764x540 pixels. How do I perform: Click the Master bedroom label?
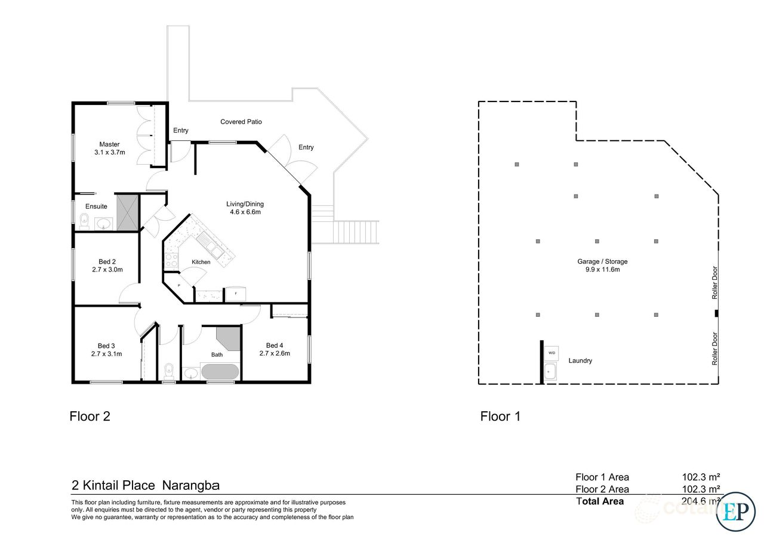click(109, 144)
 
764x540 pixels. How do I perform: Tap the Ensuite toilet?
click(84, 223)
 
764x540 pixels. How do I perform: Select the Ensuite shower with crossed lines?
click(127, 212)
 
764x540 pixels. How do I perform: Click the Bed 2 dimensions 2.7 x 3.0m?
click(107, 269)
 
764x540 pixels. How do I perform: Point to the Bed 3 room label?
click(107, 345)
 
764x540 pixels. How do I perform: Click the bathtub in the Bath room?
click(220, 372)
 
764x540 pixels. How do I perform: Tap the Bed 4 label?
click(275, 345)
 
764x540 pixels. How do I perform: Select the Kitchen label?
click(201, 262)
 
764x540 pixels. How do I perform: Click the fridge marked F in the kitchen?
click(234, 294)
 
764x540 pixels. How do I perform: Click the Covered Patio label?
click(241, 122)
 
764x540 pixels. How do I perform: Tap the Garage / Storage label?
click(602, 261)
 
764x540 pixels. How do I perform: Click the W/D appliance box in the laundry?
click(551, 352)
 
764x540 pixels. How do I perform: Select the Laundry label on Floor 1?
click(580, 360)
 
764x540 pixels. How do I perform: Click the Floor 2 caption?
click(90, 416)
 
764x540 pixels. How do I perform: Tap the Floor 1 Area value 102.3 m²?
click(701, 477)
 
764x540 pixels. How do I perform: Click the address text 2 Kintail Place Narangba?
click(146, 485)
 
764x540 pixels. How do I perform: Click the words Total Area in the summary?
click(600, 501)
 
